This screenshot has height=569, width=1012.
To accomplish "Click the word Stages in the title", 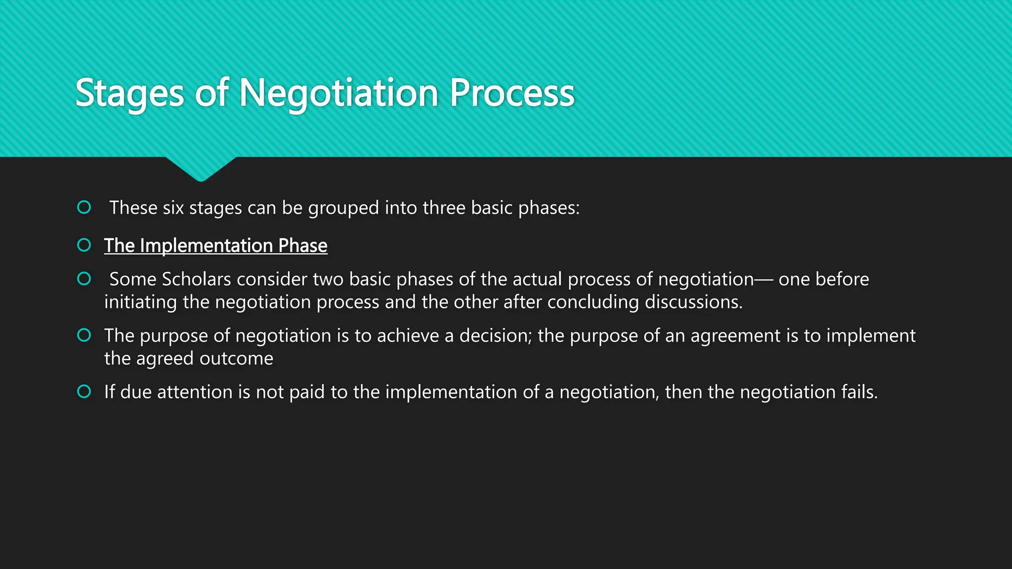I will pos(129,93).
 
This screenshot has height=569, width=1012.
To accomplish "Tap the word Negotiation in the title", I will pos(338,93).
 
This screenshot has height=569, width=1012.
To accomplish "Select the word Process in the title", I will pos(512,93).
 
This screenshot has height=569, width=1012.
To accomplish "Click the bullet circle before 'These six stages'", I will pos(84,207).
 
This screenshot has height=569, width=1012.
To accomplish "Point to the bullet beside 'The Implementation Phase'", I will pos(84,245).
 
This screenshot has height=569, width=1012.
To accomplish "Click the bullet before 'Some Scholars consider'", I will pos(84,279).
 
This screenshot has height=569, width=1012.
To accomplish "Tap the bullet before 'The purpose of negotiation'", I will pos(84,335).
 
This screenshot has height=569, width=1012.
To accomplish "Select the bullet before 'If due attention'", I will pos(84,392).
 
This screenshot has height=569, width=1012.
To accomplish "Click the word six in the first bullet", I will pos(173,208).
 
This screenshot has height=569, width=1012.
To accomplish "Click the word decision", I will pos(495,336).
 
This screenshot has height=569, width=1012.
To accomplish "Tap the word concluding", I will pos(592,302).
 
